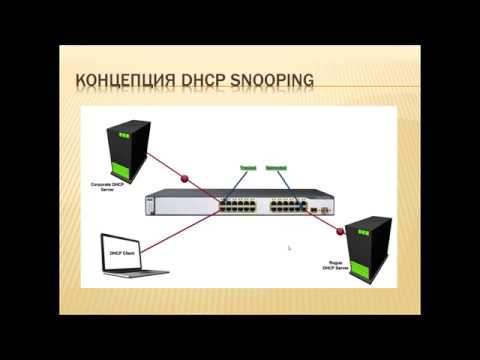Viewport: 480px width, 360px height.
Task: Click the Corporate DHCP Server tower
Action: (132, 149)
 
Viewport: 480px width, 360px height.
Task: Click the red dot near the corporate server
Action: (184, 180)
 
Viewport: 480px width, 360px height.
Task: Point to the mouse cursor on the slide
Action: (290, 248)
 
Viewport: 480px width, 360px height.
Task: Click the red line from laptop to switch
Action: (190, 229)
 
